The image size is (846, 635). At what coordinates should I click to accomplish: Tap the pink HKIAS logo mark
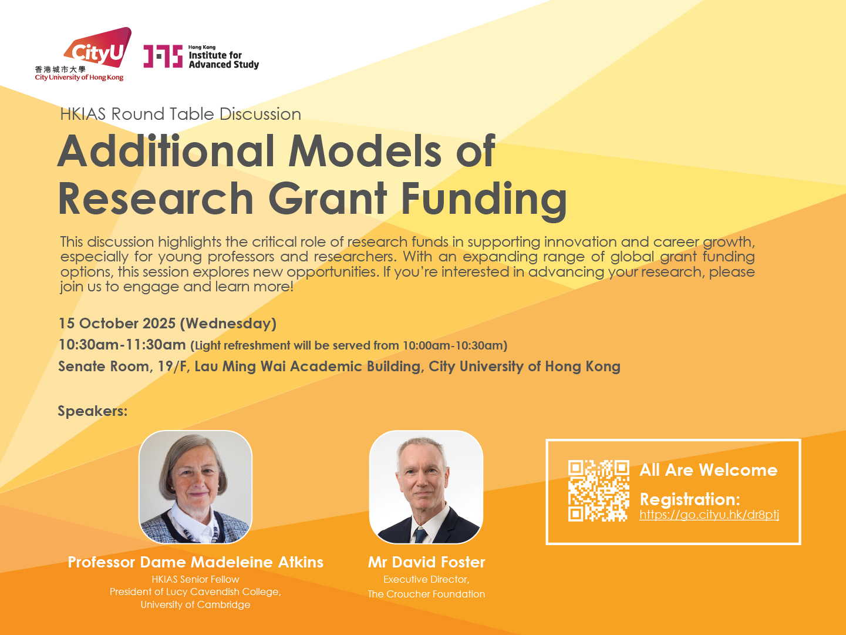click(163, 56)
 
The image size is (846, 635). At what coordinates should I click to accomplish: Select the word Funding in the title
click(484, 200)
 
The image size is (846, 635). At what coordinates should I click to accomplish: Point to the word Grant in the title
click(328, 198)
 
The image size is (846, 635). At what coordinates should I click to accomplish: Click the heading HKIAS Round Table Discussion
click(180, 114)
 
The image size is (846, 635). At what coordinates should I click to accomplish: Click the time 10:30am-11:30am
click(122, 345)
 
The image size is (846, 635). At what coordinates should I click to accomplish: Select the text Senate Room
click(104, 367)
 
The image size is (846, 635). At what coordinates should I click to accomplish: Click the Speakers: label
click(93, 411)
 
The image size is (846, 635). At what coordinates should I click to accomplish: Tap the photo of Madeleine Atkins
click(196, 487)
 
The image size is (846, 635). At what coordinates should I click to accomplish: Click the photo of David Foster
click(426, 487)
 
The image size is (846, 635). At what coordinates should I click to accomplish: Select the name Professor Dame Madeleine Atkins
click(196, 562)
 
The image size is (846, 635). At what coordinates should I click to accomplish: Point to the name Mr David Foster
click(426, 562)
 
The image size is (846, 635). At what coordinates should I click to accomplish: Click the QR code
click(599, 491)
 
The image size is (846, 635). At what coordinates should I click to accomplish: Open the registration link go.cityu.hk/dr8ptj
click(709, 515)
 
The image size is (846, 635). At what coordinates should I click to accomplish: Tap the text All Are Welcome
click(709, 470)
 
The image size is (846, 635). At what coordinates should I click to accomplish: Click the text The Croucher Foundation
click(426, 594)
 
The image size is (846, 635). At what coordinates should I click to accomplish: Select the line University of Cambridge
click(196, 604)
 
